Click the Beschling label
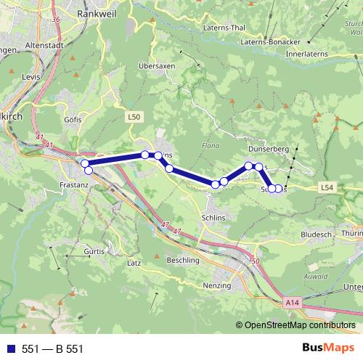click(x=183, y=260)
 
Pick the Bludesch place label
click(x=317, y=235)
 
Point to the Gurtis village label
click(x=95, y=250)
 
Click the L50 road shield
click(x=134, y=116)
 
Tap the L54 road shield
click(x=328, y=187)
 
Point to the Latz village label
click(x=134, y=263)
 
